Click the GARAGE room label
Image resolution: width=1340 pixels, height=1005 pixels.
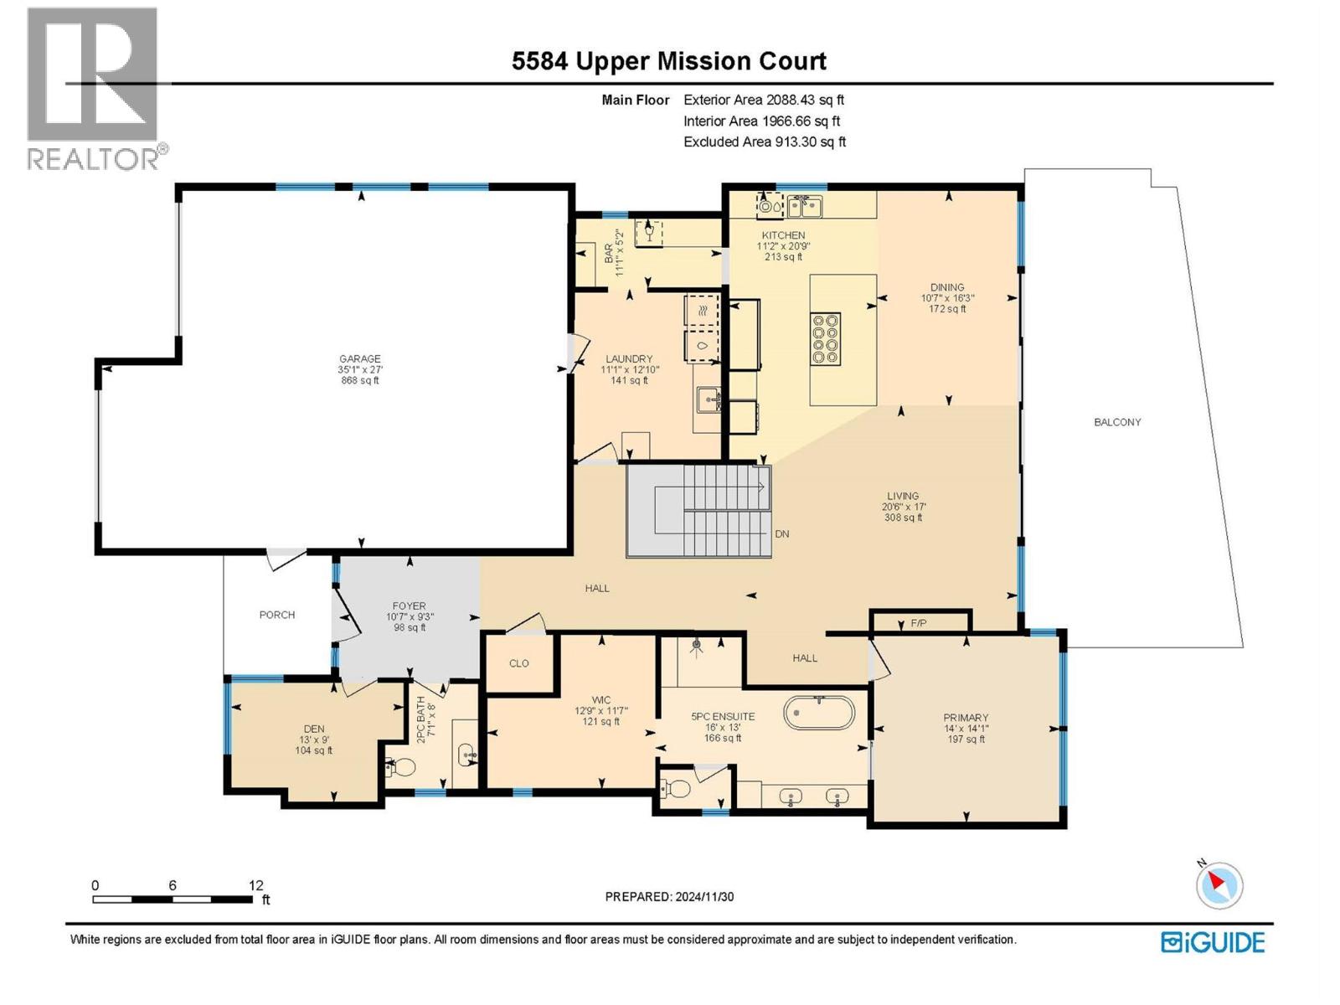(359, 358)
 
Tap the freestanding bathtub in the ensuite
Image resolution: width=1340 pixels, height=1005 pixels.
(819, 714)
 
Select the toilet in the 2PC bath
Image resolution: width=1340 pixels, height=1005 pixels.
(403, 765)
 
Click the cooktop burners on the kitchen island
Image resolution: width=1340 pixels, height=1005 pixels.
(825, 338)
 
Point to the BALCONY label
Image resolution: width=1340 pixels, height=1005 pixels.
(1117, 422)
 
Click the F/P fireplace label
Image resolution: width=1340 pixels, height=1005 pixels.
(919, 623)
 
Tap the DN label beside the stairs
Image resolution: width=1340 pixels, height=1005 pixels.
(781, 533)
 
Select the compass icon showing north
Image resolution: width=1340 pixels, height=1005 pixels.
(1219, 885)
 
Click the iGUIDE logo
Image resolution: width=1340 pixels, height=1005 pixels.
(1213, 942)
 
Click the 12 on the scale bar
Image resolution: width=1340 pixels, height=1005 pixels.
(255, 885)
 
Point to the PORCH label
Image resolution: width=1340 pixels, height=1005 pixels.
(277, 615)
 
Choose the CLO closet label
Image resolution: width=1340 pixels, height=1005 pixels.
(519, 663)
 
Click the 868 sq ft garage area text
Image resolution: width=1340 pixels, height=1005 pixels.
(359, 380)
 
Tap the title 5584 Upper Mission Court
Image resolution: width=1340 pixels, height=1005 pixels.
(669, 61)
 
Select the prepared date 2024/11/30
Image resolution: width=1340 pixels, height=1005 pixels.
(669, 896)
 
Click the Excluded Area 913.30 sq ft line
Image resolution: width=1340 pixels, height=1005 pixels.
(764, 142)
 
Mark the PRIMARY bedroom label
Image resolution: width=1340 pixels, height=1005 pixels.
(966, 718)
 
